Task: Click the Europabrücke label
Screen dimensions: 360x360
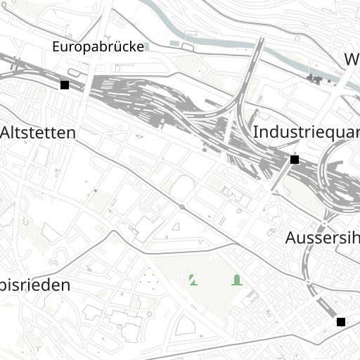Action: (98, 46)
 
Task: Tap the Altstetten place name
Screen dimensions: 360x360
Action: (38, 131)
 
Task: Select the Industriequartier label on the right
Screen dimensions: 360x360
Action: (306, 131)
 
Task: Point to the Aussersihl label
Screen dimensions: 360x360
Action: (322, 238)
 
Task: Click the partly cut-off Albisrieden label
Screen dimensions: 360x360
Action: (35, 285)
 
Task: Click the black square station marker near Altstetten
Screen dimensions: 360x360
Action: (65, 85)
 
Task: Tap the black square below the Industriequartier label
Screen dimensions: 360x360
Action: (294, 160)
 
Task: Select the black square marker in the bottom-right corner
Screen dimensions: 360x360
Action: (341, 322)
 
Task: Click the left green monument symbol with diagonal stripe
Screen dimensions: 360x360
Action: (192, 280)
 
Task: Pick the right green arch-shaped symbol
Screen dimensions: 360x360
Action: (237, 280)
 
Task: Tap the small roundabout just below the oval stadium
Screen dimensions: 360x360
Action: (182, 207)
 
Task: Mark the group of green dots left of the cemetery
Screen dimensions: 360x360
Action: (148, 281)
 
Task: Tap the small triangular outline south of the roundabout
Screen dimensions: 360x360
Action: (176, 226)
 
